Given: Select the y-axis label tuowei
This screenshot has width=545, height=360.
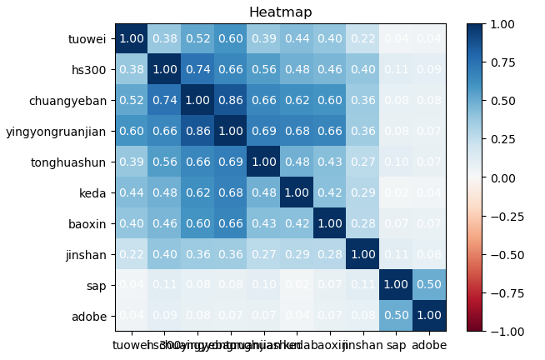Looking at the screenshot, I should (x=87, y=39).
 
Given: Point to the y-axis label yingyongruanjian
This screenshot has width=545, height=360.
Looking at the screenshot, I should (x=57, y=131).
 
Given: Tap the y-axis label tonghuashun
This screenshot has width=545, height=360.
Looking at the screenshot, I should (x=75, y=162).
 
